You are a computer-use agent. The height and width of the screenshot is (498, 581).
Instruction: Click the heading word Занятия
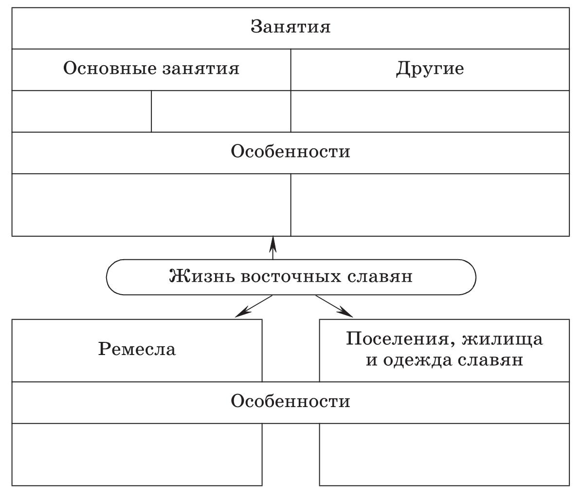click(x=290, y=27)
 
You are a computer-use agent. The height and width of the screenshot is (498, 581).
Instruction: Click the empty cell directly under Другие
click(x=430, y=111)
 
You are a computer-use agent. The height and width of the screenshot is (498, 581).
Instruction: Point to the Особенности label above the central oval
click(x=290, y=151)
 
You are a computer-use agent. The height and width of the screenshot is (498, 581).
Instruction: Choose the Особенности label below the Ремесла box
click(x=290, y=401)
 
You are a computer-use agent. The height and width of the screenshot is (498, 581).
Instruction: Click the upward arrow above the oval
click(x=272, y=248)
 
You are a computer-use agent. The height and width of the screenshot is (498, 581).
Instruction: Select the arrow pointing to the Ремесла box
click(x=254, y=306)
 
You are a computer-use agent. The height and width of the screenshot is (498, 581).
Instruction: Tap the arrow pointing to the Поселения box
click(x=334, y=306)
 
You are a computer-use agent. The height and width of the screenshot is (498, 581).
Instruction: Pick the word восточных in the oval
click(x=291, y=277)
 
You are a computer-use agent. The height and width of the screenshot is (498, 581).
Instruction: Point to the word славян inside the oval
click(x=380, y=277)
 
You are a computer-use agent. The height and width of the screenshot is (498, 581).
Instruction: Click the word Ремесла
click(x=137, y=349)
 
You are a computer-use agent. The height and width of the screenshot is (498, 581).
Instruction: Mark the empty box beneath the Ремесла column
click(x=137, y=454)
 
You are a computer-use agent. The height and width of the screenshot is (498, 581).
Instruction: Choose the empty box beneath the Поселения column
click(x=444, y=454)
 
